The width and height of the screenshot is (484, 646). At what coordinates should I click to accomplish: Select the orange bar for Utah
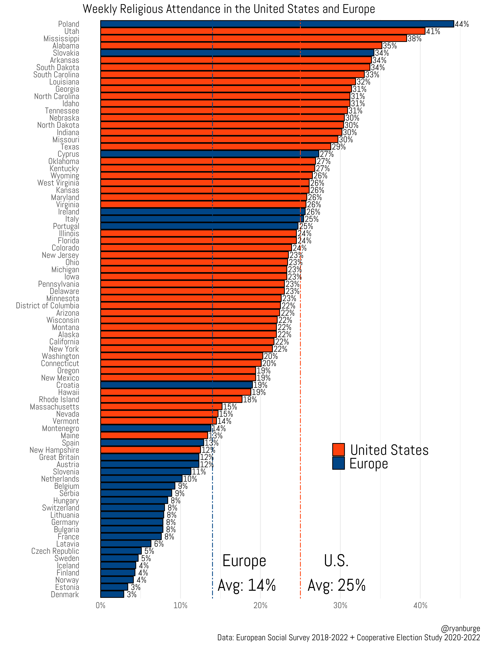click(x=263, y=31)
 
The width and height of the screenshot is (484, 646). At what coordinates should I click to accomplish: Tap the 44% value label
click(x=462, y=24)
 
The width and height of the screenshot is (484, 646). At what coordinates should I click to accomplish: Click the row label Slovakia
click(x=66, y=53)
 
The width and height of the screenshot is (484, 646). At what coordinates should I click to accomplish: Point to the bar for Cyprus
click(x=210, y=154)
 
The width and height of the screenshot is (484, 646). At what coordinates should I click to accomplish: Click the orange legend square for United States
click(x=338, y=450)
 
